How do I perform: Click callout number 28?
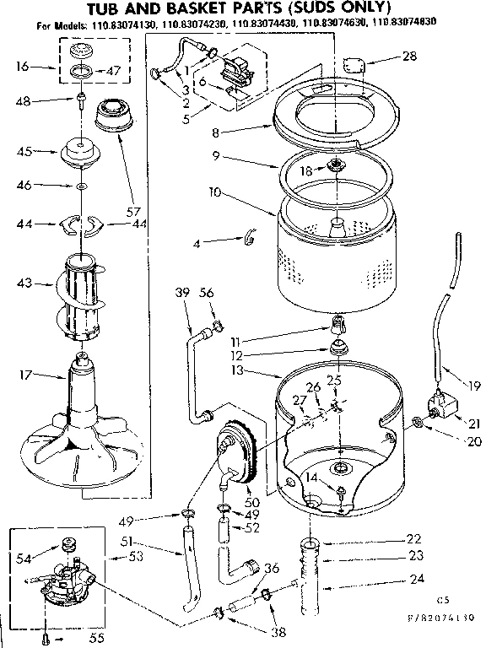click(x=408, y=57)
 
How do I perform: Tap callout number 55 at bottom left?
click(x=97, y=638)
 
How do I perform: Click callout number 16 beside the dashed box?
click(x=23, y=65)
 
